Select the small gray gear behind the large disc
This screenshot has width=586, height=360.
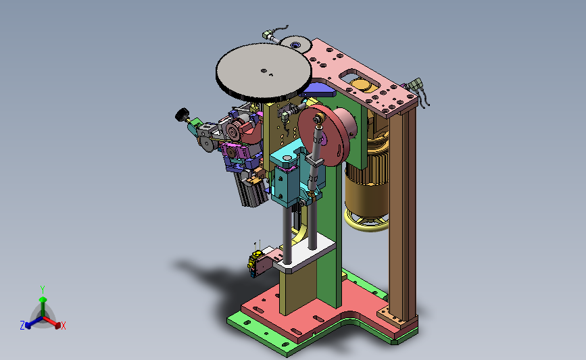pos(295,44)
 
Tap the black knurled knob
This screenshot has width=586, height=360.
pos(182,115)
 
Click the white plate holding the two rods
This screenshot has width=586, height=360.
pos(304,254)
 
